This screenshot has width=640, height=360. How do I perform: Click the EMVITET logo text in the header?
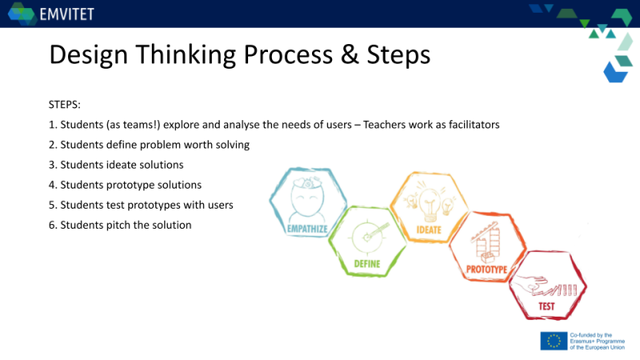click(x=67, y=14)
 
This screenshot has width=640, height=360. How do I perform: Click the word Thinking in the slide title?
click(x=186, y=54)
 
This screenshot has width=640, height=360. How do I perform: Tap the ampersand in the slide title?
click(x=350, y=54)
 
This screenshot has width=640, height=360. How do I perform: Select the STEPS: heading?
click(x=65, y=105)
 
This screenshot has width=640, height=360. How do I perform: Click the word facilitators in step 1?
click(x=474, y=125)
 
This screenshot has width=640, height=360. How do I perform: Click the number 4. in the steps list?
click(x=53, y=185)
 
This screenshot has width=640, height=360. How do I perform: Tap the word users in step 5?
click(x=222, y=205)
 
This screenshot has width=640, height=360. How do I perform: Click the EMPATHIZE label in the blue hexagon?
click(x=307, y=229)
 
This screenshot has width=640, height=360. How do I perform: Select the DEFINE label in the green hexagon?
click(x=367, y=264)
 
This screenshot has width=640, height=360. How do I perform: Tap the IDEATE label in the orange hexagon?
click(x=429, y=230)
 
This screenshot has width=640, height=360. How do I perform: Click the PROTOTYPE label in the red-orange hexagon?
click(x=486, y=270)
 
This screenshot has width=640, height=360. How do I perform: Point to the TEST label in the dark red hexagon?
click(x=546, y=306)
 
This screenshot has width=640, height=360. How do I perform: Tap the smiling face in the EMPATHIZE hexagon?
click(x=307, y=199)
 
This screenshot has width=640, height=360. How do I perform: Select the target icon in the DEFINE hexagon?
click(x=369, y=237)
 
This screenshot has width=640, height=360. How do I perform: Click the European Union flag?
click(x=554, y=342)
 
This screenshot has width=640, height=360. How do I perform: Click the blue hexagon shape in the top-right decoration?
click(x=615, y=73)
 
